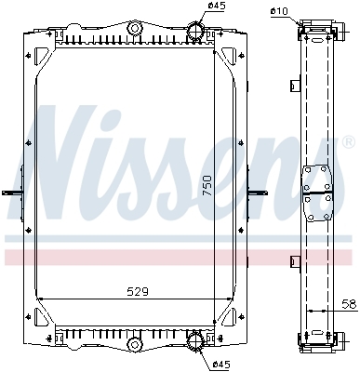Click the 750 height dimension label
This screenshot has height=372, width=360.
[207, 185]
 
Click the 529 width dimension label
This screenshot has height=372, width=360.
[138, 291]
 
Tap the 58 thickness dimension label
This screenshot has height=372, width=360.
[349, 304]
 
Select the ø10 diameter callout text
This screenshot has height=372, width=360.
[279, 11]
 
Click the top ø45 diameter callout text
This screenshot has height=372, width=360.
[217, 6]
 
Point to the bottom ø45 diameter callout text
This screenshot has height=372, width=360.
[220, 364]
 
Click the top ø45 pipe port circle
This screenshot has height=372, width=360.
[195, 31]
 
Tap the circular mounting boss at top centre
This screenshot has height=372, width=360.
[135, 29]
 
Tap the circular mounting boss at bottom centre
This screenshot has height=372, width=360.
[135, 344]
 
